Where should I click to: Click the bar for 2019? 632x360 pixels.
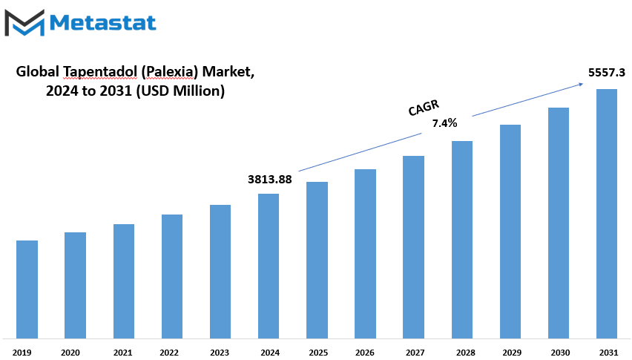(x=27, y=289)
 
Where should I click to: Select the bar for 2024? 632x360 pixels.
(x=269, y=266)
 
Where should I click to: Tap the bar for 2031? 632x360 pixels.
(x=607, y=214)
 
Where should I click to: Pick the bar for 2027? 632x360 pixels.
(x=413, y=247)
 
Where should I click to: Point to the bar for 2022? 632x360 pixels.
(x=172, y=277)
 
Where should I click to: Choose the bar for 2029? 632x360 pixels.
(x=510, y=232)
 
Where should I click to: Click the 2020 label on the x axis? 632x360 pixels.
(x=70, y=353)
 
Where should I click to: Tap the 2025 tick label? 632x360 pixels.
(x=318, y=353)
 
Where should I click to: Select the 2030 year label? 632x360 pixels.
(x=560, y=353)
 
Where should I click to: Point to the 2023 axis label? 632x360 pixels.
(x=220, y=353)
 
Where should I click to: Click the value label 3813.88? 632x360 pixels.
(x=270, y=180)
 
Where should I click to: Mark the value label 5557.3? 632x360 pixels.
(x=607, y=73)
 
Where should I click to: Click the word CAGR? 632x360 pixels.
(x=424, y=108)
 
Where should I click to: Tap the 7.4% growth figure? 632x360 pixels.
(x=444, y=123)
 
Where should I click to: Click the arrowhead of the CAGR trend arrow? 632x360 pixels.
(x=582, y=84)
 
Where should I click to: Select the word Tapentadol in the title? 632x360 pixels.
(x=100, y=72)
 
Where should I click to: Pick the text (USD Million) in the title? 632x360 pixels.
(x=180, y=91)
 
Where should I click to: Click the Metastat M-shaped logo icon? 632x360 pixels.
(x=24, y=23)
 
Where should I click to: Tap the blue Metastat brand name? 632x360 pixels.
(x=103, y=22)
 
